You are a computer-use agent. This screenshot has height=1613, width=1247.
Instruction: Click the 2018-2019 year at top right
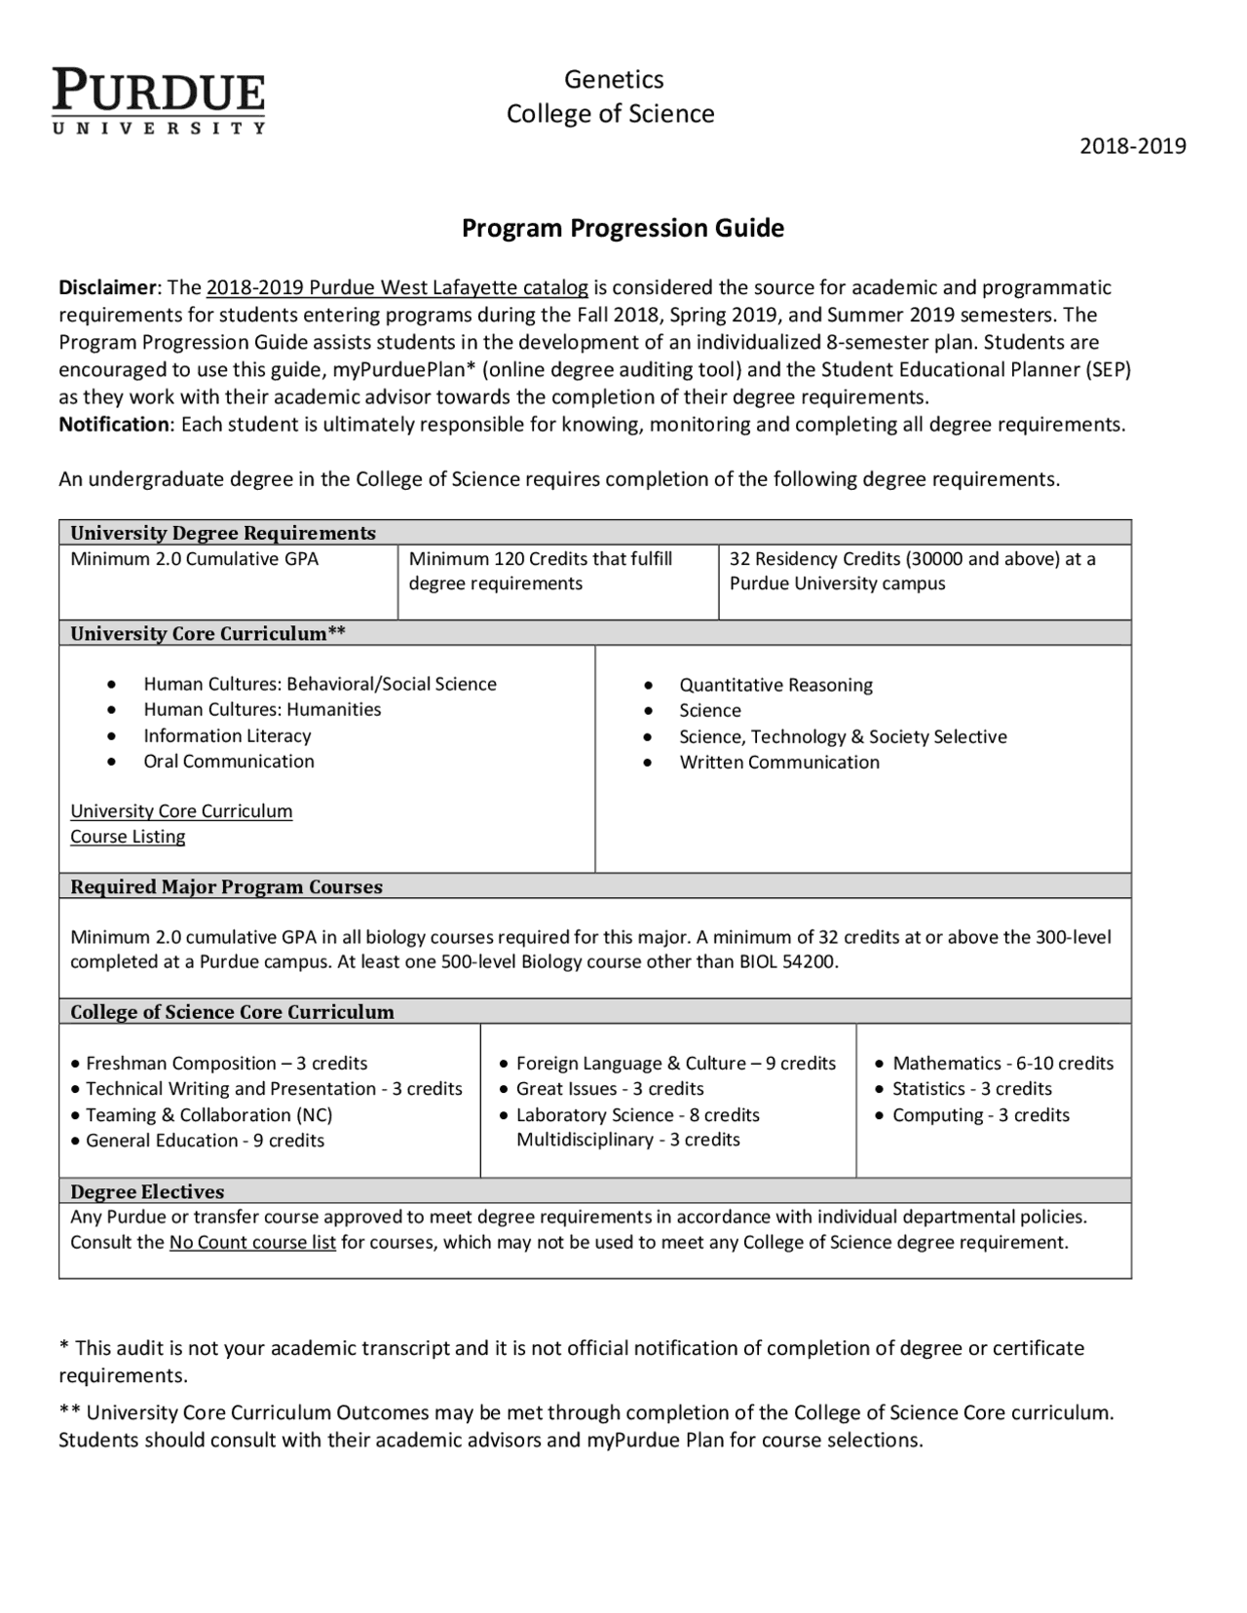(1132, 146)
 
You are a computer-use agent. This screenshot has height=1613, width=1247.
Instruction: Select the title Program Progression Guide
(623, 228)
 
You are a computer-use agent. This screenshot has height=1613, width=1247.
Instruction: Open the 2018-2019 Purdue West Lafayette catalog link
(397, 287)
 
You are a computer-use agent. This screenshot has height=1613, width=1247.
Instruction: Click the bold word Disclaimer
(107, 287)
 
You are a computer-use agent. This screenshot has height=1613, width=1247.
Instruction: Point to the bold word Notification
(114, 425)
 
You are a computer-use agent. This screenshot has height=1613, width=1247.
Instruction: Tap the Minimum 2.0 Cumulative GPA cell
(195, 559)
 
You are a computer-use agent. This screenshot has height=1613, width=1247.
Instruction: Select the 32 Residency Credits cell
(912, 571)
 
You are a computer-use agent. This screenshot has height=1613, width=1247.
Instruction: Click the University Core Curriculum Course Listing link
(180, 823)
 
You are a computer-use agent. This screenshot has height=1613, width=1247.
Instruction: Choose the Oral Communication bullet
(229, 762)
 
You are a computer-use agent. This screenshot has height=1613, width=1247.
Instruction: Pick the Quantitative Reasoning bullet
(775, 685)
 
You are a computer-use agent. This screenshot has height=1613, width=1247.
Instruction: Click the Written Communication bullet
(778, 763)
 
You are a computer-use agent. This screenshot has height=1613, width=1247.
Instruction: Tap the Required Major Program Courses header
(226, 886)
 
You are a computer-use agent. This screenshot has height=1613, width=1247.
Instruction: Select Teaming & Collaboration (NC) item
(208, 1115)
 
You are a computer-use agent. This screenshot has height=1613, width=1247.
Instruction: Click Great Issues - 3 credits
(610, 1089)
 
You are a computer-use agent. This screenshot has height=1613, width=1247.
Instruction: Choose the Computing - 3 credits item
(980, 1115)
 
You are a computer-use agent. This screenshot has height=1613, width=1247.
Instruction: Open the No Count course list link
(252, 1243)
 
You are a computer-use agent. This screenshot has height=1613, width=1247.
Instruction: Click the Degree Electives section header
(147, 1191)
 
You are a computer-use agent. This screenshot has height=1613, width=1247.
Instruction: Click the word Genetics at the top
(614, 80)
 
